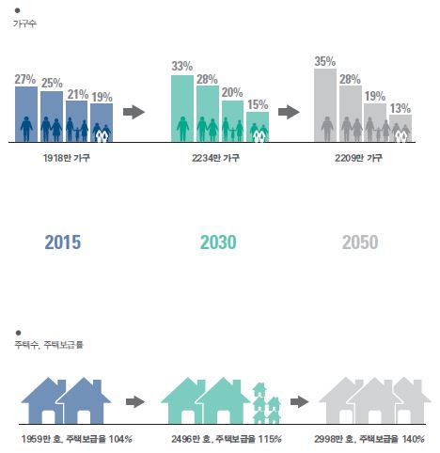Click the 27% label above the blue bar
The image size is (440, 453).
click(25, 80)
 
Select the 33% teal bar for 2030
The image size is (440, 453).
click(182, 109)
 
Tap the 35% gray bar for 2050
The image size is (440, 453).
click(325, 105)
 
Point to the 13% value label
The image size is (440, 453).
click(401, 109)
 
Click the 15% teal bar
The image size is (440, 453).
click(258, 127)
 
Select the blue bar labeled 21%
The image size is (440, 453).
click(77, 121)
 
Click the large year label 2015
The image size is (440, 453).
click(63, 242)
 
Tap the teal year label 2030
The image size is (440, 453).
click(218, 242)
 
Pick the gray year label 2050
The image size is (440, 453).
click(360, 242)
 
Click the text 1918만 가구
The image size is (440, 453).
click(67, 158)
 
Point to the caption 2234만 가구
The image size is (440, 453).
click(215, 158)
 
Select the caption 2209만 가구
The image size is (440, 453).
click(358, 158)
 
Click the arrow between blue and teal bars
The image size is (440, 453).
click(134, 112)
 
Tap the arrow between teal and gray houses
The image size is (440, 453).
click(299, 401)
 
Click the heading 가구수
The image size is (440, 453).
click(24, 23)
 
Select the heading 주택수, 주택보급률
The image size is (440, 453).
click(49, 345)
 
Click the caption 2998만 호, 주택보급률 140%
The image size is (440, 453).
click(369, 439)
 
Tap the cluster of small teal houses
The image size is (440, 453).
click(266, 403)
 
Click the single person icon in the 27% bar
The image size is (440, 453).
click(26, 129)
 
